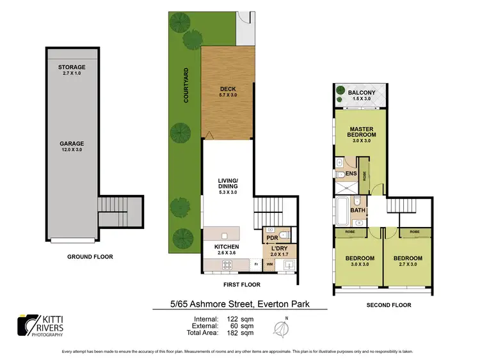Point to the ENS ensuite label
(351, 173)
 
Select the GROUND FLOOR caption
(90, 256)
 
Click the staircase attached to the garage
(113, 210)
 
